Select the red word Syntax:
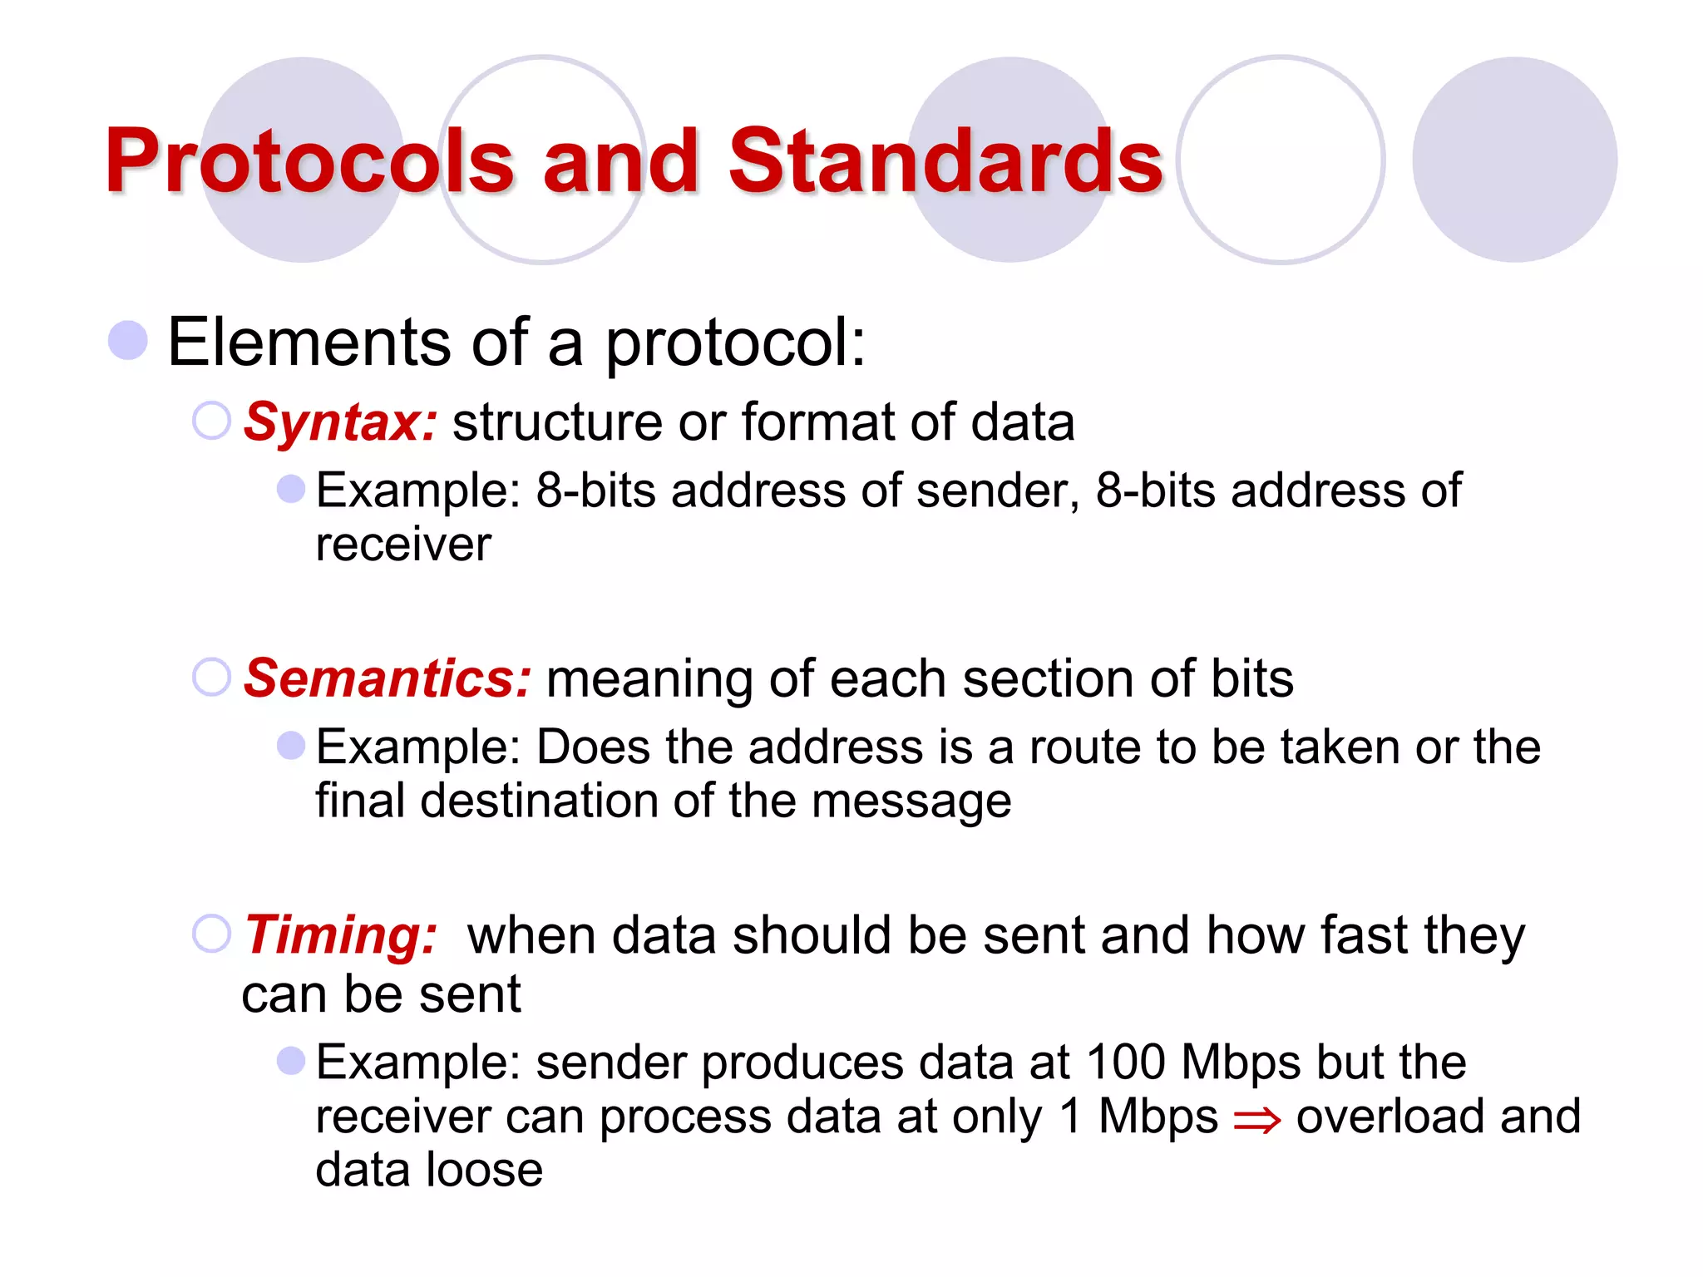click(x=339, y=423)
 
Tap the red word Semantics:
click(x=387, y=679)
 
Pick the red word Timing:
click(x=340, y=936)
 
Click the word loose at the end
click(x=484, y=1170)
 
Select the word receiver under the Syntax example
click(x=403, y=545)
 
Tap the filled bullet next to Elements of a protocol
click(x=128, y=341)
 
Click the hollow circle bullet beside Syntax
click(x=211, y=421)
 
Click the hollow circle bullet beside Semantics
click(x=211, y=677)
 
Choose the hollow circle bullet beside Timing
click(x=211, y=934)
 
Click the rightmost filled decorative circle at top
click(x=1514, y=160)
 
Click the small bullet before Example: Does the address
click(x=291, y=745)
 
